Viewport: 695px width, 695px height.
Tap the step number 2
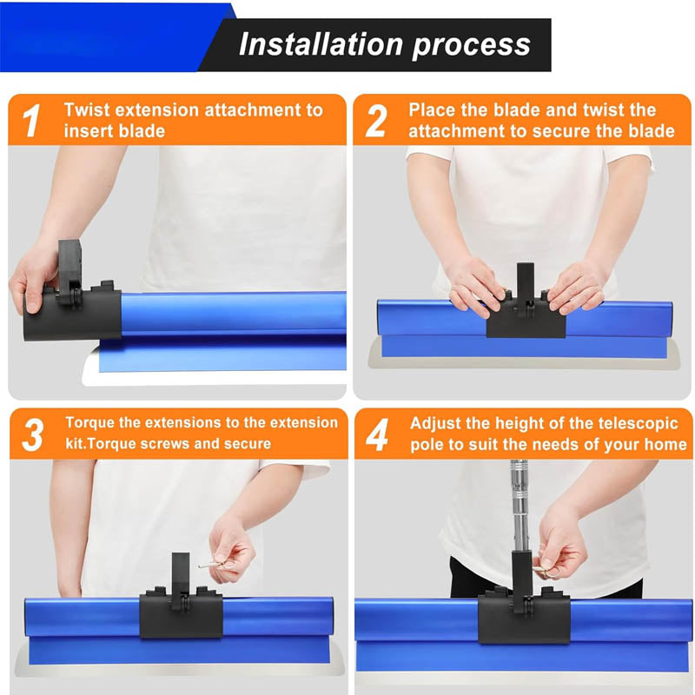coord(375,121)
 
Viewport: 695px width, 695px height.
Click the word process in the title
coord(473,44)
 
